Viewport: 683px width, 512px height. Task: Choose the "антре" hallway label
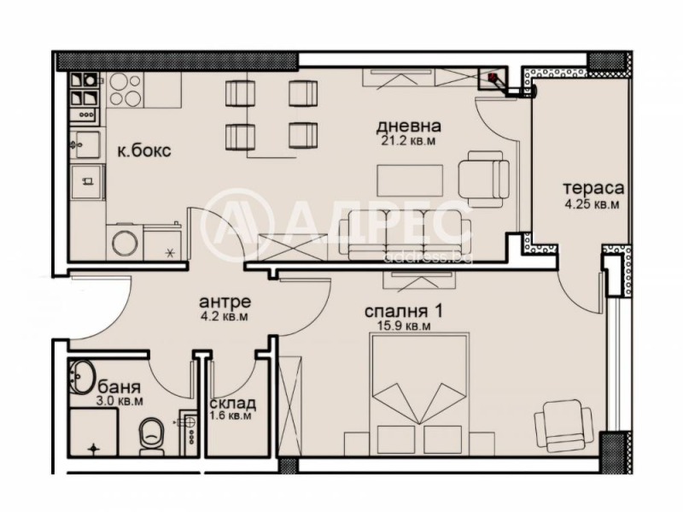point(224,302)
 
